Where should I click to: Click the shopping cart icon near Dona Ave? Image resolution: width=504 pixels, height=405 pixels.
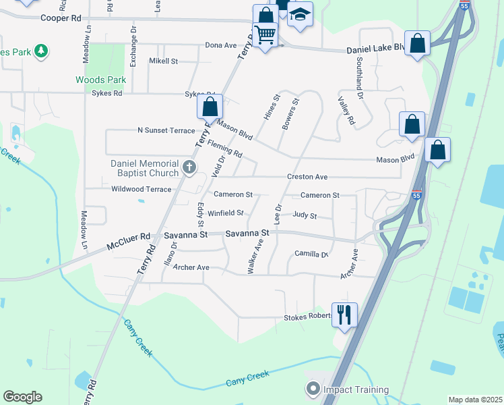tap(265, 33)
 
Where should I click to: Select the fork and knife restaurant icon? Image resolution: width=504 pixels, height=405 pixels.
tap(345, 313)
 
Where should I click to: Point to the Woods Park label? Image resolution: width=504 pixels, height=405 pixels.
tap(100, 80)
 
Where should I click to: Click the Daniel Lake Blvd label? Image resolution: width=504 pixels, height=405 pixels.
tap(376, 50)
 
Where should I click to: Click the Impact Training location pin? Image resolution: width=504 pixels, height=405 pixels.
tap(313, 389)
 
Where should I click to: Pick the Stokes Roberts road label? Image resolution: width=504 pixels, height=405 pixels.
tap(308, 317)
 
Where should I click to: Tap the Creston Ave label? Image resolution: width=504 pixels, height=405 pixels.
tap(307, 177)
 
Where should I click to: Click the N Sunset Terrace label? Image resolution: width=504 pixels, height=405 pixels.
tap(166, 130)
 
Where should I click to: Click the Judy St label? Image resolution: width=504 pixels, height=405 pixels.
tap(305, 216)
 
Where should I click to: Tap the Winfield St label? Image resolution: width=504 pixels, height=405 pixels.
tap(225, 213)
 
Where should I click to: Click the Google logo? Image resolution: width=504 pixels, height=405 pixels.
tap(22, 397)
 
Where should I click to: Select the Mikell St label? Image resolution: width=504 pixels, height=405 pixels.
tap(163, 61)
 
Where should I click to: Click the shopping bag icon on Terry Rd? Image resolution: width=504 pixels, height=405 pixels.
tap(210, 107)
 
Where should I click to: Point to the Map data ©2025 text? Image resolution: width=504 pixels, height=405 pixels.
tap(474, 400)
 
